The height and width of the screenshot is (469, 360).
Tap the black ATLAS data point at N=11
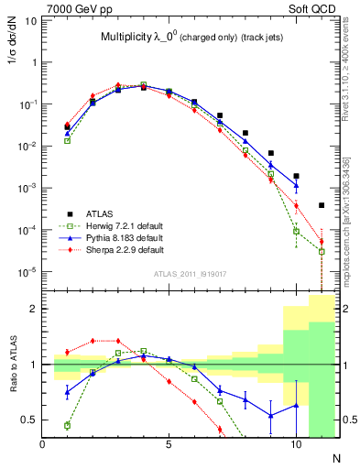pos(322,205)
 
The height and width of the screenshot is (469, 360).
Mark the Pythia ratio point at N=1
pos(68,392)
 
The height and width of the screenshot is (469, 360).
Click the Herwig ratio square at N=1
pos(68,425)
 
